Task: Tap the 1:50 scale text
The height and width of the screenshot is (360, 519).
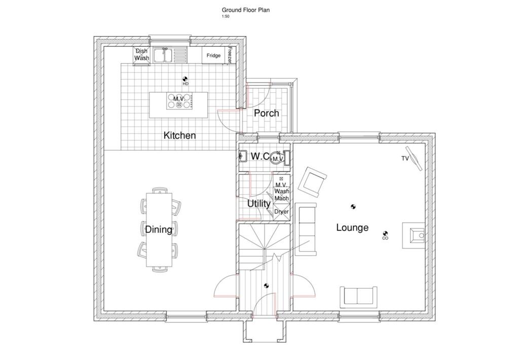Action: [x=225, y=16]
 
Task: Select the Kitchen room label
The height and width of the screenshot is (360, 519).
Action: [x=179, y=135]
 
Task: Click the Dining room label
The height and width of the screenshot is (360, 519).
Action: [x=159, y=230]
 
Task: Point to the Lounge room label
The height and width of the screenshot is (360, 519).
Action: [x=352, y=228]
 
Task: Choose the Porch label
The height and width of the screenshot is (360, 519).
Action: [x=267, y=113]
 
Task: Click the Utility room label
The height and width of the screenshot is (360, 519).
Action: [x=258, y=204]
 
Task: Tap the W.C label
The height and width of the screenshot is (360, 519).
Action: [x=259, y=157]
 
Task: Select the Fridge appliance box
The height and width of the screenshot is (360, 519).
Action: [x=213, y=55]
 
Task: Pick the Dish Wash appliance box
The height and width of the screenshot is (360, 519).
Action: [x=142, y=55]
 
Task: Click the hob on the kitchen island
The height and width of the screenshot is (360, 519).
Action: [x=179, y=101]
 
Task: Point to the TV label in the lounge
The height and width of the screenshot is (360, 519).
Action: [x=405, y=159]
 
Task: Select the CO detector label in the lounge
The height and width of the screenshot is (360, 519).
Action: [x=385, y=238]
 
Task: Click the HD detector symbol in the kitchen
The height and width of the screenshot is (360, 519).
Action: [x=186, y=79]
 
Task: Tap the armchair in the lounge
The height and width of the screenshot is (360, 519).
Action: [x=313, y=182]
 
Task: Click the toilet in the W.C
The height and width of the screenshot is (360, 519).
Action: [x=278, y=158]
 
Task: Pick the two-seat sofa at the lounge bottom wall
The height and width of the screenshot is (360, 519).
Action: [x=358, y=296]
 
